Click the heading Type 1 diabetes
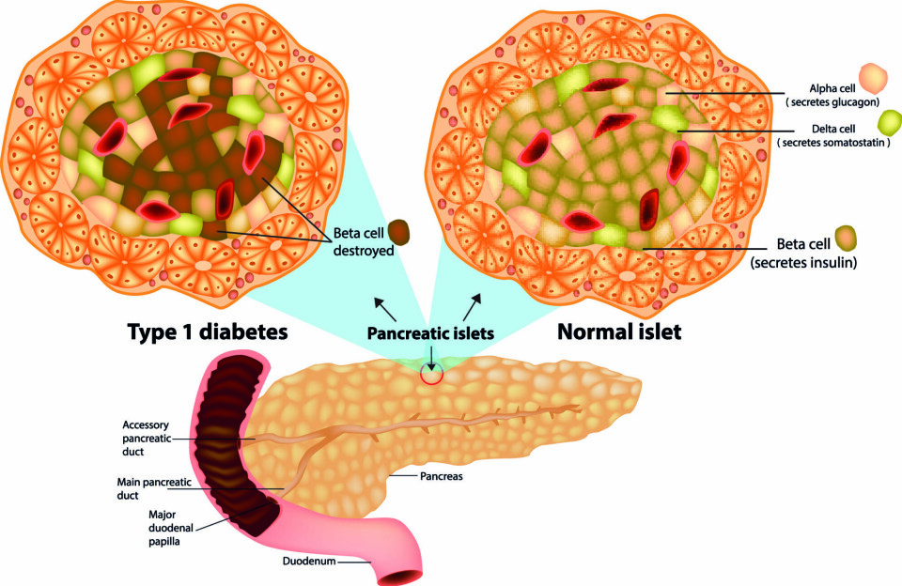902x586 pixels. click(206, 332)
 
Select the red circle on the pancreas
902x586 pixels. click(431, 374)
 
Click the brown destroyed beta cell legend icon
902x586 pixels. click(400, 231)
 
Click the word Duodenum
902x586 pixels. click(308, 563)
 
